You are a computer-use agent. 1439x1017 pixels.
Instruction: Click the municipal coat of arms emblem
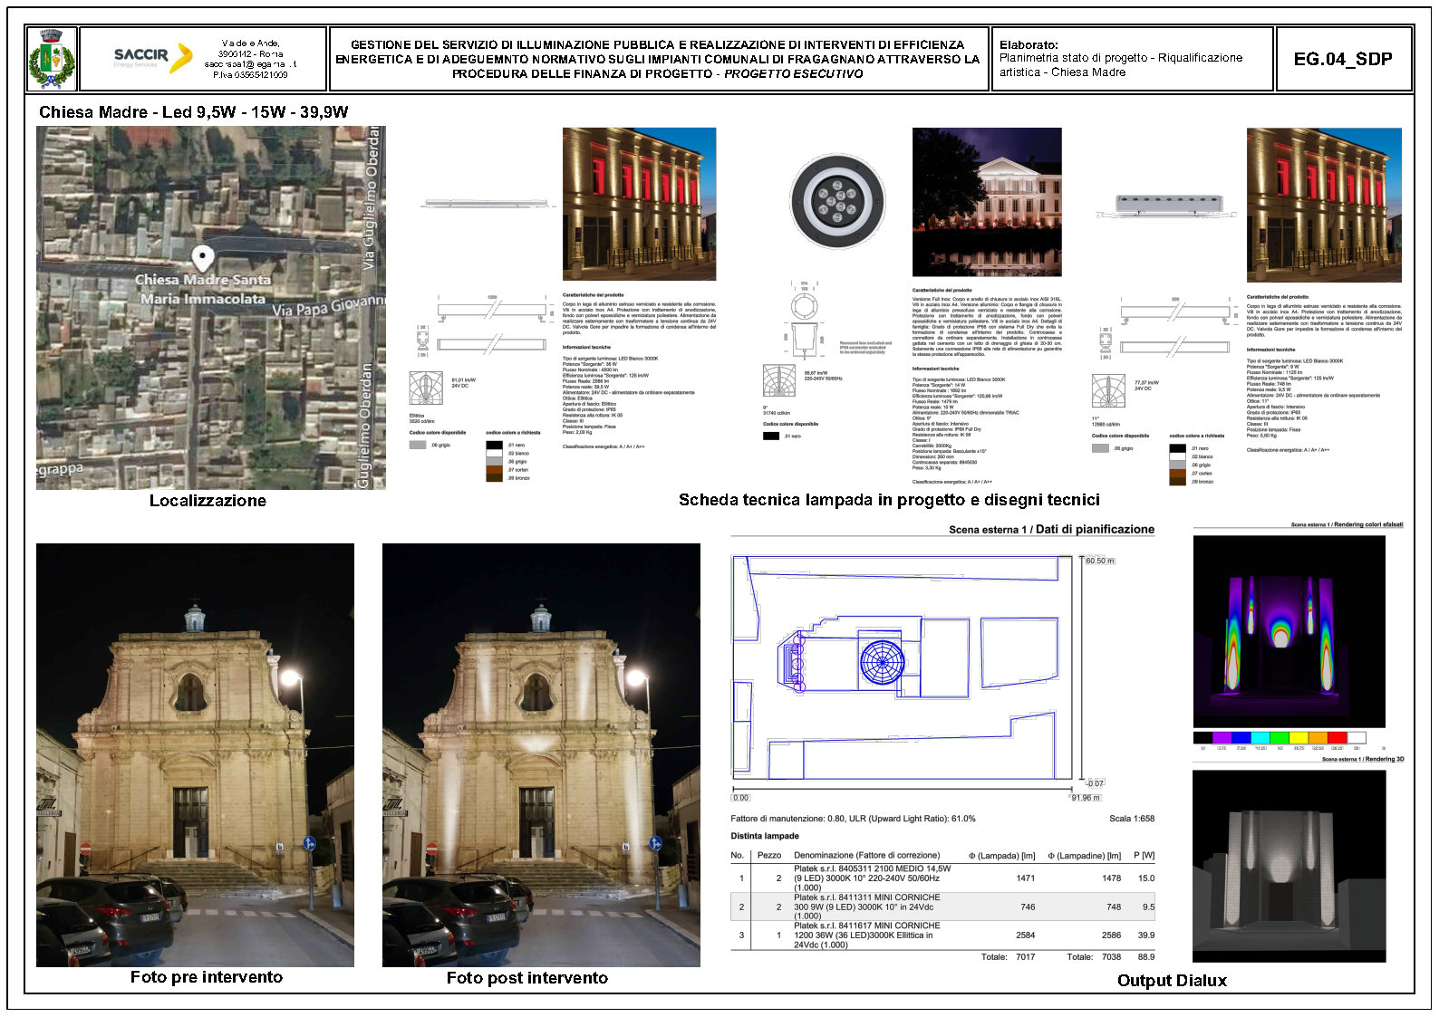[x=51, y=59]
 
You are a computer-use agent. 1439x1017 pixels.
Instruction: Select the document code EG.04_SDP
[x=1342, y=59]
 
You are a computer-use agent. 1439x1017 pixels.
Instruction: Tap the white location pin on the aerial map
[x=204, y=258]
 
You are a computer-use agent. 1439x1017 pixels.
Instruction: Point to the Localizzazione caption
[x=208, y=501]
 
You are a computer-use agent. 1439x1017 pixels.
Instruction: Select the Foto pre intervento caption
[x=206, y=977]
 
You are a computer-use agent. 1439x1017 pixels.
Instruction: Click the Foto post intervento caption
[x=526, y=978]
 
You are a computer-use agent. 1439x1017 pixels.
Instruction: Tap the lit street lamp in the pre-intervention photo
[x=291, y=677]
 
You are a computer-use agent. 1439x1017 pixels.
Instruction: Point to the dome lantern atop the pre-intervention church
[x=194, y=618]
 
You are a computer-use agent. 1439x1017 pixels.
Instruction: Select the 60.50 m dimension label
[x=1099, y=561]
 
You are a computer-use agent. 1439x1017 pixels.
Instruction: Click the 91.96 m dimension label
[x=1085, y=798]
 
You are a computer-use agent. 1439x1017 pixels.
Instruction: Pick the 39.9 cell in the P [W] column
[x=1145, y=935]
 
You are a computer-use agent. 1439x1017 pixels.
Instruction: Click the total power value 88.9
[x=1145, y=957]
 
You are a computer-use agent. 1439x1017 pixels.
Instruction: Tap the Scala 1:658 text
[x=1131, y=819]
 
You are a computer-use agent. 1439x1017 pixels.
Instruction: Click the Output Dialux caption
[x=1172, y=981]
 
